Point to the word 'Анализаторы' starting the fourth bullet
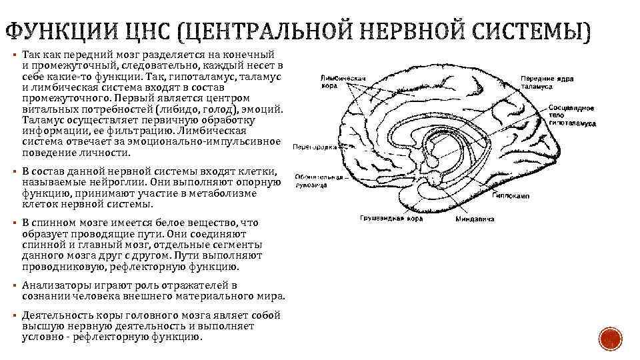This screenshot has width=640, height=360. tap(55, 285)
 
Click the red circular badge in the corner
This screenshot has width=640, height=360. tap(609, 340)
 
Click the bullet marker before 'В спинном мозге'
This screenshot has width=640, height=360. tap(14, 223)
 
